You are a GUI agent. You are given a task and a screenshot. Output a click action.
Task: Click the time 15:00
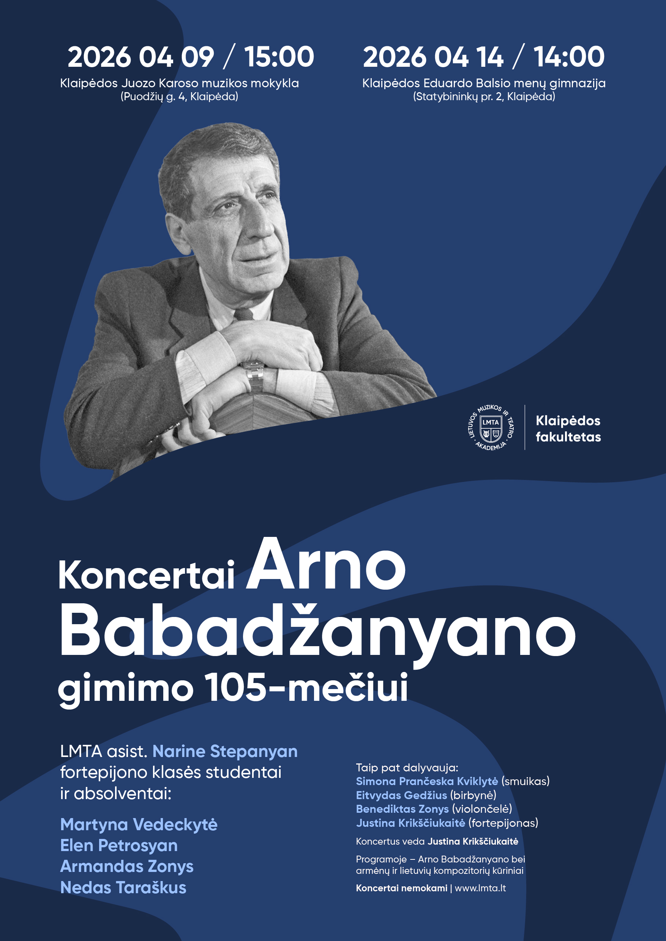[279, 57]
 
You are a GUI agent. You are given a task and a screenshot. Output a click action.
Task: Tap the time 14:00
[569, 57]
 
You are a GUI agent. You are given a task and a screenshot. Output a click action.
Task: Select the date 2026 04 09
[140, 57]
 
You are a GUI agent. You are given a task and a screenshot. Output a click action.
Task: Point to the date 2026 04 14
[433, 57]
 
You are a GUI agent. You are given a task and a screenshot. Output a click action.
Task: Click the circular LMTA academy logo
[491, 428]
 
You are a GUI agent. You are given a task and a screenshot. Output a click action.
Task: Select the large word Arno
[326, 564]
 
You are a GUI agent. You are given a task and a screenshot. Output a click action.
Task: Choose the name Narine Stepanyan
[225, 752]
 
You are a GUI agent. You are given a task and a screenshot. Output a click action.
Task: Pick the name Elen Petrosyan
[119, 845]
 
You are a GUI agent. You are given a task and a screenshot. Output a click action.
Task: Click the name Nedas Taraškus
[123, 888]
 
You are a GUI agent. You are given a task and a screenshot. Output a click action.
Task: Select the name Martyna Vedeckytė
[139, 825]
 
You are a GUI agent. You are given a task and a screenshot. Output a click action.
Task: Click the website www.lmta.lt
[480, 888]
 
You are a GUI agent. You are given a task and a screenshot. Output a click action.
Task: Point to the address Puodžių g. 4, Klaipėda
[179, 97]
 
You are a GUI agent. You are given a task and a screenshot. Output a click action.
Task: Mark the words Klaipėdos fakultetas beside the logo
[568, 429]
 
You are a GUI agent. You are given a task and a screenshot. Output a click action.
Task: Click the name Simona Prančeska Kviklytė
[427, 782]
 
